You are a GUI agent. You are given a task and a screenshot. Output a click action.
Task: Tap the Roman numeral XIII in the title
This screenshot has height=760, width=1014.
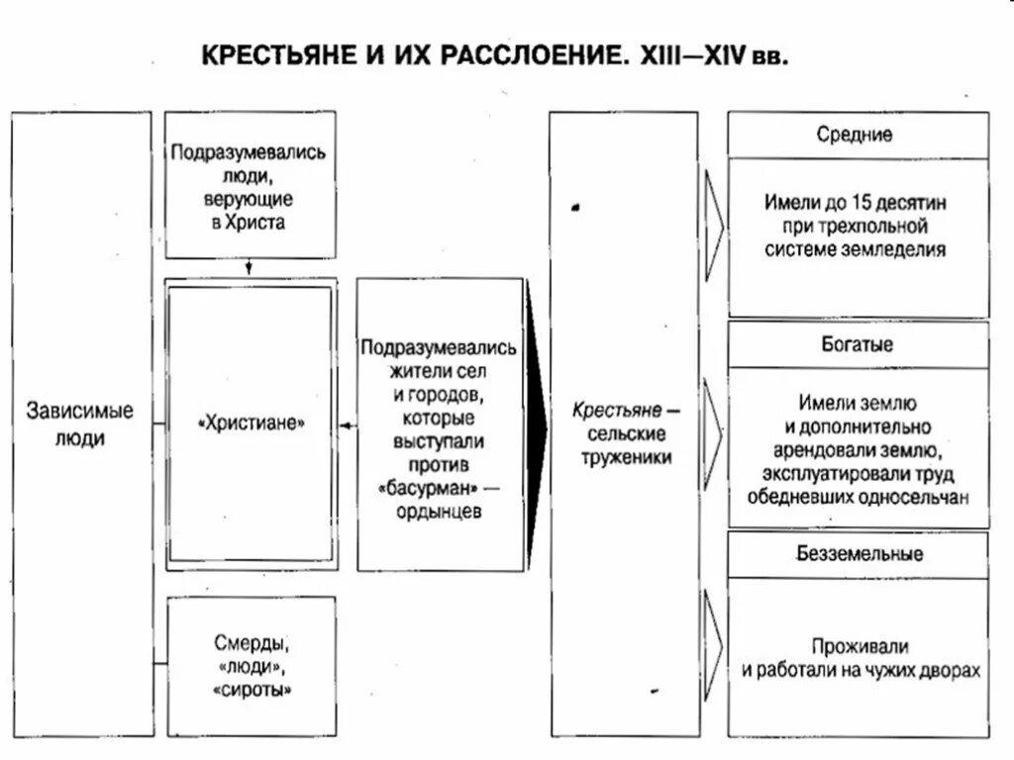pyautogui.click(x=656, y=53)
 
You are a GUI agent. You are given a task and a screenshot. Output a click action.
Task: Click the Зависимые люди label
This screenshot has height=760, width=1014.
pyautogui.click(x=80, y=424)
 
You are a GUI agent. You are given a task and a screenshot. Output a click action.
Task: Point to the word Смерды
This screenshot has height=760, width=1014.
pyautogui.click(x=252, y=641)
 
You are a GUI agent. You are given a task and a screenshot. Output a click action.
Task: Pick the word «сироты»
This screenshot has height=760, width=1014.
pyautogui.click(x=252, y=689)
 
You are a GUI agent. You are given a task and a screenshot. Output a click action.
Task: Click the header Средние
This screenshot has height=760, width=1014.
pyautogui.click(x=858, y=135)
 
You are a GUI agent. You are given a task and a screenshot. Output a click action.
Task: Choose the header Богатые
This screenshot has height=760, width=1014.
pyautogui.click(x=858, y=345)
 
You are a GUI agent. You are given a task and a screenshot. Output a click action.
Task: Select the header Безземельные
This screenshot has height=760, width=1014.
pyautogui.click(x=858, y=553)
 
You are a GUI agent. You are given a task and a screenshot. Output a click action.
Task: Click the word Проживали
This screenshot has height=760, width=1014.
pyautogui.click(x=859, y=647)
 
